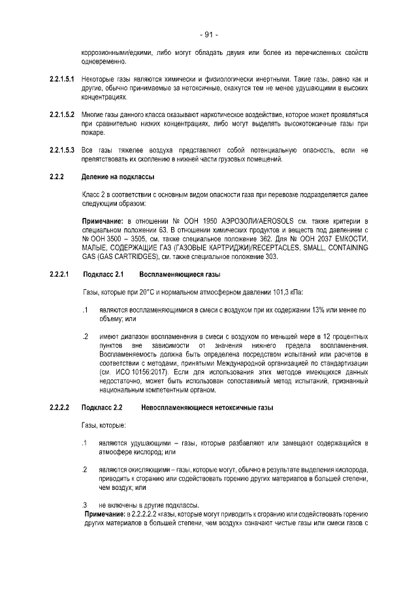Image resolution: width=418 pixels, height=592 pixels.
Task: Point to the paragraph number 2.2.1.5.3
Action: pos(62,150)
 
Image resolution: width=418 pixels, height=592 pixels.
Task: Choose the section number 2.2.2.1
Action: pos(59,274)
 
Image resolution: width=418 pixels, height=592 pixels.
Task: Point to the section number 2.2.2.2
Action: pos(59,408)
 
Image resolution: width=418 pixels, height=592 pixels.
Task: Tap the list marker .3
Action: pos(85,505)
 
